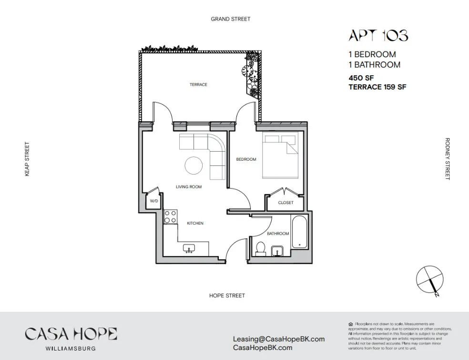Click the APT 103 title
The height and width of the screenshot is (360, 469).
[x=378, y=36]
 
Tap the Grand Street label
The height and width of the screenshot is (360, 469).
[x=230, y=19]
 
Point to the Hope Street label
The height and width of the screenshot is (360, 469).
[x=227, y=296]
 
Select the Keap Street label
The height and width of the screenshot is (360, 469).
[x=27, y=159]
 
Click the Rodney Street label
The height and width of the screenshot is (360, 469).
[x=447, y=159]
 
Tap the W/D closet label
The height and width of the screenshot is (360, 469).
[x=153, y=201]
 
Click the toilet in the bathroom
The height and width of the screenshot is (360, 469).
[x=260, y=248]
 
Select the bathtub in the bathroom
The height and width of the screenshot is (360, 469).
[x=299, y=232]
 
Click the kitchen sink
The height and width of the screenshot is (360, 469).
[x=189, y=249]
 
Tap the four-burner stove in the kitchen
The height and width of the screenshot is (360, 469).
[x=171, y=217]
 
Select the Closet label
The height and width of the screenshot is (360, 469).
[x=285, y=203]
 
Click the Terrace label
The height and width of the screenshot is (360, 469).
[x=198, y=85]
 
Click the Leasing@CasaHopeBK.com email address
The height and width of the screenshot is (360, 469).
[x=279, y=339]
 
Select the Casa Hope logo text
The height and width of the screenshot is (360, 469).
[x=71, y=334]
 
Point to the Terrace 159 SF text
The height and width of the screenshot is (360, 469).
[x=377, y=87]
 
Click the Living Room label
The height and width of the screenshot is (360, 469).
[x=189, y=187]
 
